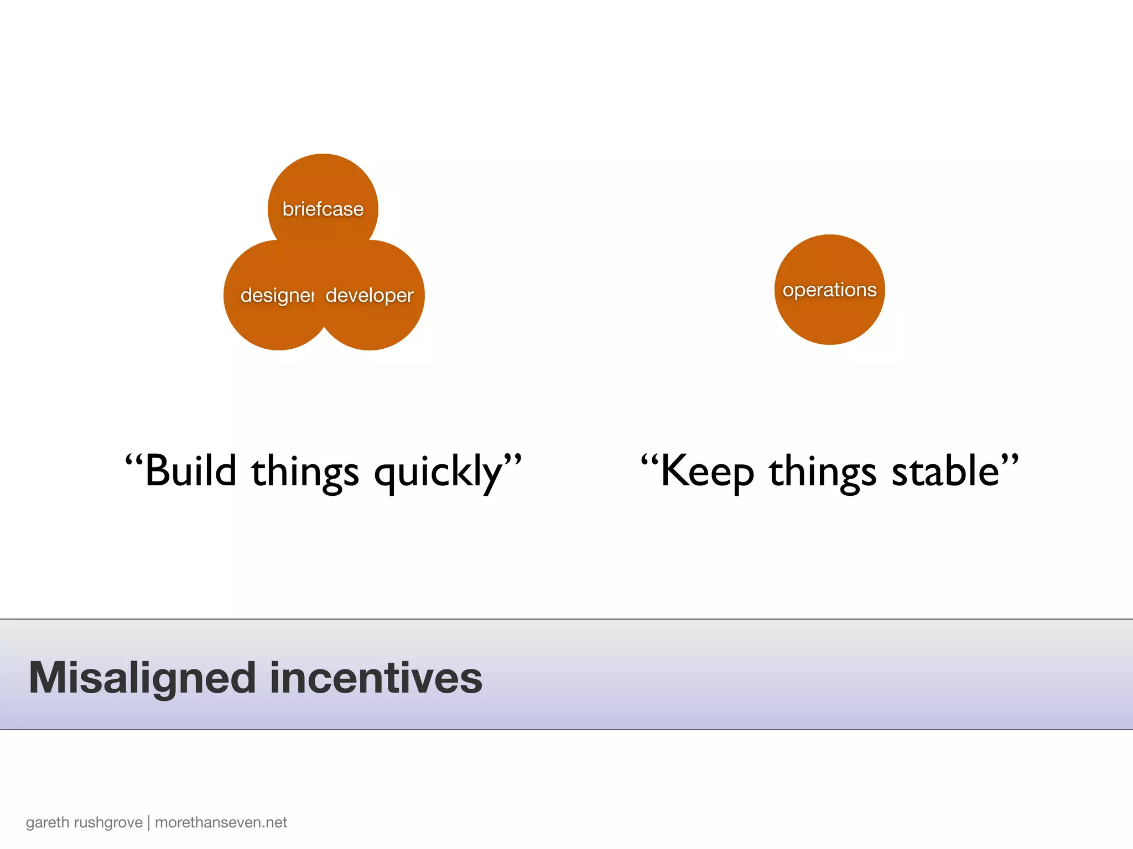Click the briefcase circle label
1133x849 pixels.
coord(323,209)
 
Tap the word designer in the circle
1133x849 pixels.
coord(277,295)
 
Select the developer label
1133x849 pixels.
coord(370,295)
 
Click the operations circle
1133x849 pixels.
coord(829,290)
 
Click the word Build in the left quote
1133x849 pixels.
coord(190,471)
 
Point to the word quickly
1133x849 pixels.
coord(438,473)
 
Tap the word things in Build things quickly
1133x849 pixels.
coord(305,473)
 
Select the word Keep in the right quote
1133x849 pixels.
coord(707,471)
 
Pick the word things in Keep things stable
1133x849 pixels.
coord(822,473)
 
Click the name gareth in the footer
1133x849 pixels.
coord(48,822)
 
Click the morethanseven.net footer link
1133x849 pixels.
coord(221,822)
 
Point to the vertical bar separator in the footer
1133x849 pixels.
coord(149,822)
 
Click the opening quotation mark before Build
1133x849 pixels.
coord(134,460)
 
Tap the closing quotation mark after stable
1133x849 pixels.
coord(1010,460)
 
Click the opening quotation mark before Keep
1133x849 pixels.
coord(649,460)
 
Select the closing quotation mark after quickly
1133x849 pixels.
coord(513,460)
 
